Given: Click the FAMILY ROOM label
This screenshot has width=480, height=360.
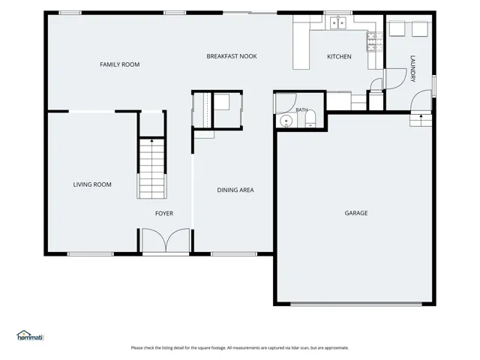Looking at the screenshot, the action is pos(120,64).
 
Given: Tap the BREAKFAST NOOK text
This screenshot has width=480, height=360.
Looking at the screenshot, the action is pos(232,56).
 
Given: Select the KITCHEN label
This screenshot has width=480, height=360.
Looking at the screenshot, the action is pos(339,57).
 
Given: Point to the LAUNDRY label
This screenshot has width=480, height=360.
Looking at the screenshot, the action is pos(412,68).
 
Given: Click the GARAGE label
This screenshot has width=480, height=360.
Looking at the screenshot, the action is pos(356,213).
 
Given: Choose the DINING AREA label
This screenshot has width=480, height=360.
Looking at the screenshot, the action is pos(235,190).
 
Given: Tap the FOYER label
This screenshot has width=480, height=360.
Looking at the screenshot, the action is pos(164,213).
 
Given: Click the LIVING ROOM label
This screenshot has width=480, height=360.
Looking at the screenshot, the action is pos(92,184).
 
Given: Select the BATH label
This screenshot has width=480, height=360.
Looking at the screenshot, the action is pos(301,109).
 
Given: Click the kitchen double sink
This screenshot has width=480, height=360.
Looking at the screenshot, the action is pos(338,22).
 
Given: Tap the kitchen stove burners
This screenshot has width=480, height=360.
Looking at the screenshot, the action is pos(375,42).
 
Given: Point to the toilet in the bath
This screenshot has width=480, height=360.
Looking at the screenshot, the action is pos(310,118).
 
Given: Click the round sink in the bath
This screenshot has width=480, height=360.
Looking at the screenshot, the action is pos(286,121).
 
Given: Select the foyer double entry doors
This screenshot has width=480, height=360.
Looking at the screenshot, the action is pos(166,241).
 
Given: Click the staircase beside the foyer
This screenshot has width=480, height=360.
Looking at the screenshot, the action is pos(151,169).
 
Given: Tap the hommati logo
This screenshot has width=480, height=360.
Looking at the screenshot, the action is pos(30,335).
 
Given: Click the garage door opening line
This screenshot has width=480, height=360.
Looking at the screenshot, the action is pos(356,304).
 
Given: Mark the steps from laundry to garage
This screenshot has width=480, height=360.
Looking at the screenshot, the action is pos(421,120).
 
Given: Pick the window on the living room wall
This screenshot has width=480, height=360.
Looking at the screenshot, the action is pos(90,254).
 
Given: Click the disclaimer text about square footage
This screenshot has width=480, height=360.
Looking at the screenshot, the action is pos(240,348).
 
